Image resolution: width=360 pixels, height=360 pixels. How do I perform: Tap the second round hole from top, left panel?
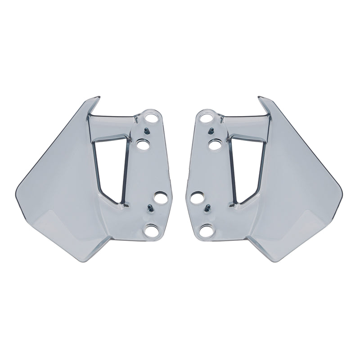coord(143,145)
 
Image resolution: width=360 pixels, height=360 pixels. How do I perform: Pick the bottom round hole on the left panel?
coord(149,231)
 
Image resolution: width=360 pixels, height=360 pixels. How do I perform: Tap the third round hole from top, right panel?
coord(197,197)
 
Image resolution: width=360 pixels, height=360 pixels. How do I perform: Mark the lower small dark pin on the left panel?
coord(149,207)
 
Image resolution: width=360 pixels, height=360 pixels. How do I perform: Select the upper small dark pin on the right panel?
coord(210,131)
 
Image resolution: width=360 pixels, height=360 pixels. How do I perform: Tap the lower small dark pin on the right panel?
coord(207,208)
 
